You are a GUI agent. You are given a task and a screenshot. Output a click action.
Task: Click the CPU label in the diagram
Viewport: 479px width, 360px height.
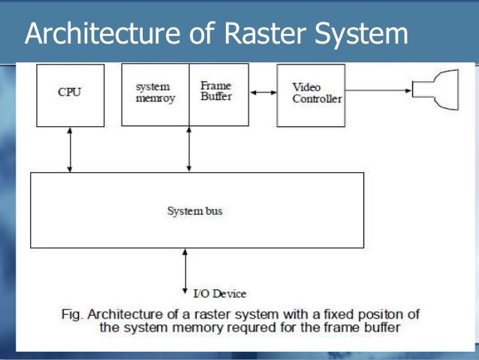69,92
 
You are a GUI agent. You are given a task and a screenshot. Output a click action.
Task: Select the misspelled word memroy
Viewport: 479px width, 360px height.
155,98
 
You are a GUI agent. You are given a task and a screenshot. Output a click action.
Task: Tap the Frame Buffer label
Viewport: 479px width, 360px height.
216,91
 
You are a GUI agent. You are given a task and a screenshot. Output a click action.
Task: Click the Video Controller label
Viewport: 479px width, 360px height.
317,93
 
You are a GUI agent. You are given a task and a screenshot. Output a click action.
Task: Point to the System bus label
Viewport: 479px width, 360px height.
194,211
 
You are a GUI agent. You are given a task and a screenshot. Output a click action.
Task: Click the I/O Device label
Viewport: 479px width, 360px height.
220,294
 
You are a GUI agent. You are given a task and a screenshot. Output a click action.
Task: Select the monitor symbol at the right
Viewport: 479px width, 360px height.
435,89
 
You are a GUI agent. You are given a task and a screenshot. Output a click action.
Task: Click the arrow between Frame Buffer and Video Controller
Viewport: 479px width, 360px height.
264,92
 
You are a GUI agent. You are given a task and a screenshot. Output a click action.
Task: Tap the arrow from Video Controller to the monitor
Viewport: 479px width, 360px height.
378,90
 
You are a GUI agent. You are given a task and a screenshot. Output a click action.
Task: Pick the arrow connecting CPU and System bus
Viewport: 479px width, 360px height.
70,150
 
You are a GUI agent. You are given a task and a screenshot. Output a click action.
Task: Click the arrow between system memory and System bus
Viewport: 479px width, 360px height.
188,149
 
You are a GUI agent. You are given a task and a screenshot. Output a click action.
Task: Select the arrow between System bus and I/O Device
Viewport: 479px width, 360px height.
185,271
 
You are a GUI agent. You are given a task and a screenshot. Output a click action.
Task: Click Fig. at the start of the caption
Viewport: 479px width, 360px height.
72,315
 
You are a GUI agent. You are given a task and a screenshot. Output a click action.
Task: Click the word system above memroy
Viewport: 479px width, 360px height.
152,87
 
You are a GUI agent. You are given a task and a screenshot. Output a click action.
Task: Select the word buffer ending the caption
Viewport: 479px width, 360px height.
382,327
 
